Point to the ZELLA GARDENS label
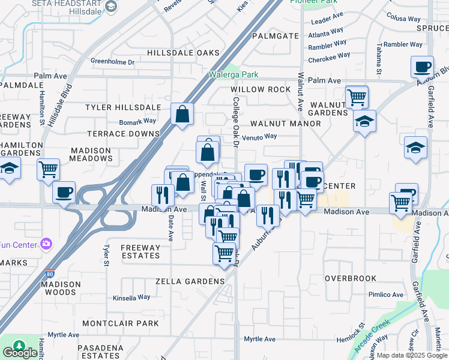[x=190, y=281]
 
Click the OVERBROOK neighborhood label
[x=351, y=278]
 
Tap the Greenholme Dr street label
[x=112, y=61]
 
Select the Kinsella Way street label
[x=131, y=297]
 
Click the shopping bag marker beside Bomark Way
[x=182, y=113]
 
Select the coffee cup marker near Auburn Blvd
[x=422, y=67]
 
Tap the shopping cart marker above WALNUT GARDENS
[x=357, y=95]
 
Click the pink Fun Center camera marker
[x=46, y=244]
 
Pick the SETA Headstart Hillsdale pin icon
[x=110, y=6]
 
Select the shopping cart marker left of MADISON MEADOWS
[x=48, y=169]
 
